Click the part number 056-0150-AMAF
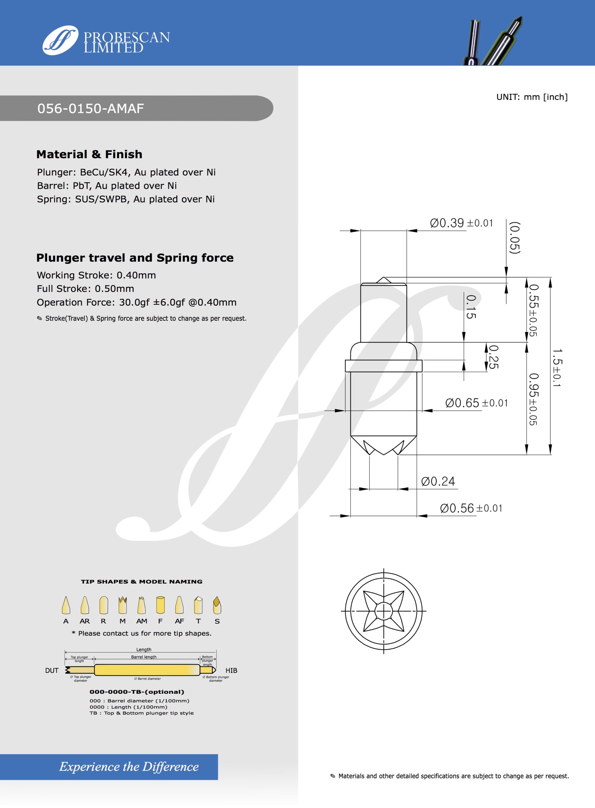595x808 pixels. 91,109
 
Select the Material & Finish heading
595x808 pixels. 89,155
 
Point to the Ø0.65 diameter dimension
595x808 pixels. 476,403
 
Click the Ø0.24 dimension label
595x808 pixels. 438,481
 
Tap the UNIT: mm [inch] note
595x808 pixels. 532,97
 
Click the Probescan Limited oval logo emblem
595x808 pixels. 60,40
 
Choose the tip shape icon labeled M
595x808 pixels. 122,606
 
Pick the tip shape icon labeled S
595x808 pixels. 217,606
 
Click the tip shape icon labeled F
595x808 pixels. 160,606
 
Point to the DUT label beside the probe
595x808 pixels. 52,670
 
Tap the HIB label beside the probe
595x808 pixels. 231,670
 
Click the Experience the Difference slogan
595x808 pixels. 129,767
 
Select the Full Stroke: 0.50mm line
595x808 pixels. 85,288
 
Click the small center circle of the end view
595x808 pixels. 384,611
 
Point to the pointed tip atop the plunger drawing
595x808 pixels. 384,280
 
